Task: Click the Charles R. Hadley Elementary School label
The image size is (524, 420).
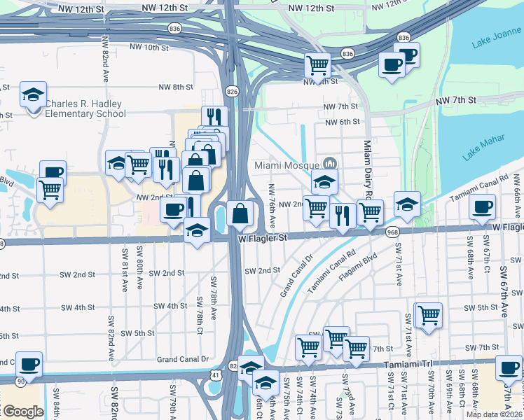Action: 84,108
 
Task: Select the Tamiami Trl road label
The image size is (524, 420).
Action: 408,365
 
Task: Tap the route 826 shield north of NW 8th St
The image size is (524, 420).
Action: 231,91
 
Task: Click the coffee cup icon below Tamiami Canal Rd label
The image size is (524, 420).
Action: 481,206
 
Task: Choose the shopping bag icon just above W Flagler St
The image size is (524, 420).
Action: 240,213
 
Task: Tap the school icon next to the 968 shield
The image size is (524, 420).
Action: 407,204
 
